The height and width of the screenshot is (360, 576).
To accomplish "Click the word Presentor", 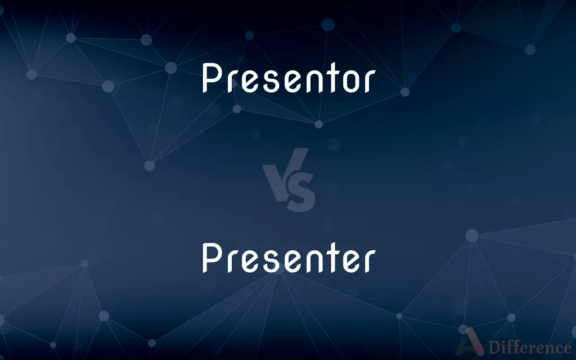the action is [x=289, y=78].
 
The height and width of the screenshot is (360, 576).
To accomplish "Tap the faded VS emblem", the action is [x=289, y=179].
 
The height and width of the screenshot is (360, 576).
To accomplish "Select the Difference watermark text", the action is [x=530, y=347].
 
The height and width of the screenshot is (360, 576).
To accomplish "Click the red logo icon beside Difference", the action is [x=472, y=343].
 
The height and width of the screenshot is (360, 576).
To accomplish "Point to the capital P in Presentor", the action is [x=212, y=78].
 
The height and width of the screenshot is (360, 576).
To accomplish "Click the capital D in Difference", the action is [x=495, y=347].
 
